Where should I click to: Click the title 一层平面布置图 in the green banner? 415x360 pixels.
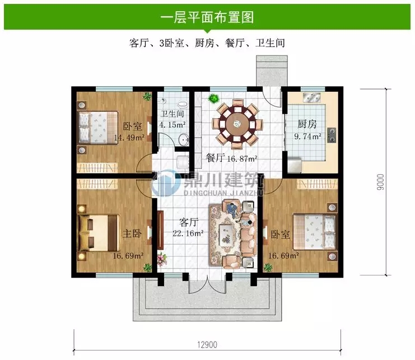coord(207,17)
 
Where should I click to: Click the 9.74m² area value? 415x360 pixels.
coord(308,135)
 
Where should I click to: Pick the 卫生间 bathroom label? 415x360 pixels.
coord(172,115)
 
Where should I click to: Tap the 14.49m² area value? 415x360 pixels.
coord(129,137)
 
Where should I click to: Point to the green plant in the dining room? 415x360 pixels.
coord(213,99)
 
